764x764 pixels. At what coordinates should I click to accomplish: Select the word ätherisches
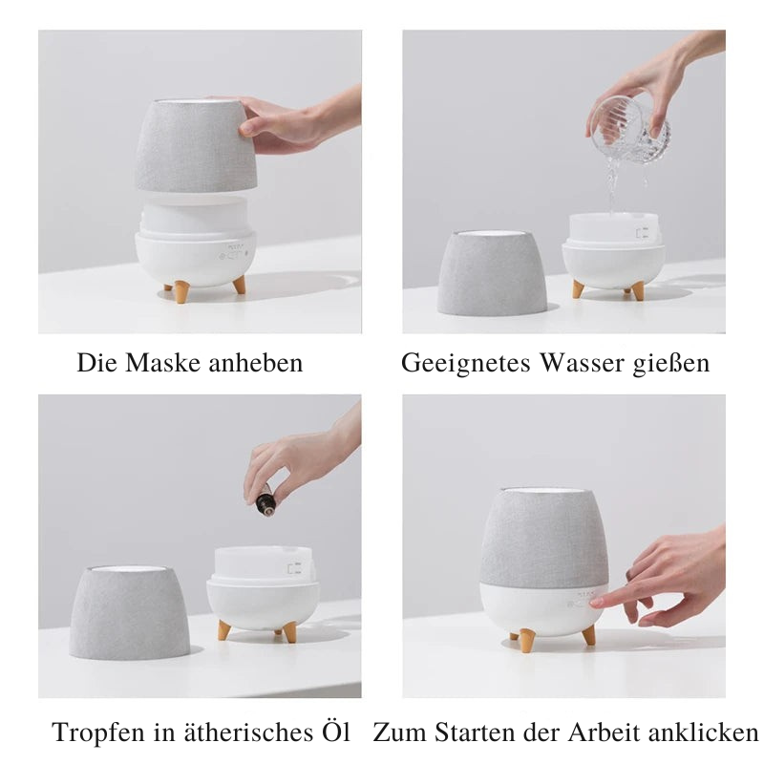click(231, 733)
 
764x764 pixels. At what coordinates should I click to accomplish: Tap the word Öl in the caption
click(333, 733)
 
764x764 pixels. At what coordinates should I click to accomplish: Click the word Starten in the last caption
click(475, 733)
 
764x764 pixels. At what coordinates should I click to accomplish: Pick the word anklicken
click(703, 733)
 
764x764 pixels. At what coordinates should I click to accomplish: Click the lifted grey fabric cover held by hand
click(196, 145)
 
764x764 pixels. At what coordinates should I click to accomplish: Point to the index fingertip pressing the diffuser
click(597, 603)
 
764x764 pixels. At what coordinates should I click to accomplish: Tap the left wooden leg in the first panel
click(180, 291)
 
